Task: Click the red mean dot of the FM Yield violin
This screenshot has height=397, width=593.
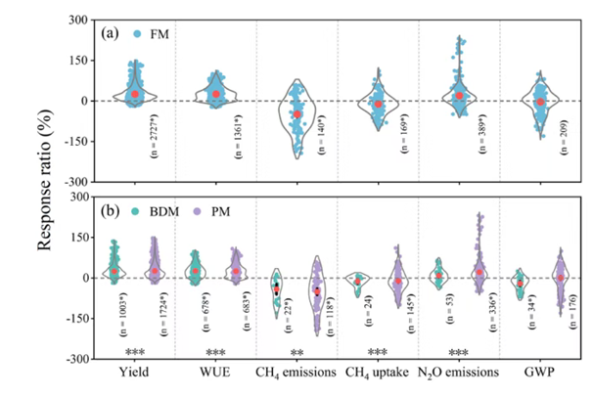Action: point(136,94)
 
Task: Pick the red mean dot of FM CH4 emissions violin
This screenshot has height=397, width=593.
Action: point(297,114)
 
